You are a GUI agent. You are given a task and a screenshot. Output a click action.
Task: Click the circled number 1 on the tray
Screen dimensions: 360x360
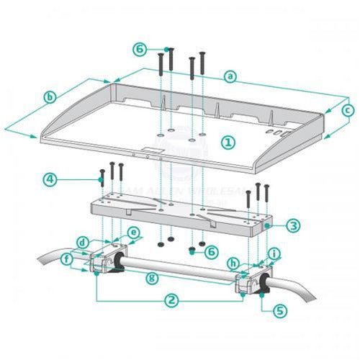coord(227,142)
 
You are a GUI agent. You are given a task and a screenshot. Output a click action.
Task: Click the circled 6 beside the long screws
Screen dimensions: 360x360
coord(141,50)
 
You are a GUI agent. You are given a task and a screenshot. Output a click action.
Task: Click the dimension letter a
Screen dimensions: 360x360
coord(230,75)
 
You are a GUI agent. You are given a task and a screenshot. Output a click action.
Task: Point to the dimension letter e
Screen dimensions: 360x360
coord(132,233)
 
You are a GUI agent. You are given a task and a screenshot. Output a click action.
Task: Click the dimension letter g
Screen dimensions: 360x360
coord(150,276)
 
